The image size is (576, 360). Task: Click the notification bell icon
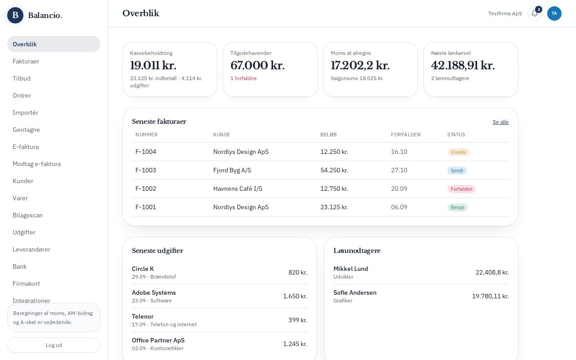click(x=534, y=13)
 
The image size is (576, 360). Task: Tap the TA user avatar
click(x=554, y=13)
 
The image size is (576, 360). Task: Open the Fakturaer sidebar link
click(x=26, y=61)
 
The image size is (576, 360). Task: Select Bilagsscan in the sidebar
click(x=27, y=215)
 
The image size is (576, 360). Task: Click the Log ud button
click(x=54, y=345)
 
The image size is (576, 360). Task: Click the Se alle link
click(x=501, y=122)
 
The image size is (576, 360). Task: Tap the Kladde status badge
click(x=459, y=152)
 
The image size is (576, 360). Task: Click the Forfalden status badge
click(x=461, y=189)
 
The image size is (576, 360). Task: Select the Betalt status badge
click(x=458, y=207)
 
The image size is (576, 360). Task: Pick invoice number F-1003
click(x=145, y=170)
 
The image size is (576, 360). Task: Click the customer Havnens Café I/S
click(x=238, y=189)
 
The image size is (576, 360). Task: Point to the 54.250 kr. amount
click(x=334, y=170)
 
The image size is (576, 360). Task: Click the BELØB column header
click(x=328, y=135)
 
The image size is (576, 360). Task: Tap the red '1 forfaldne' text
click(x=243, y=78)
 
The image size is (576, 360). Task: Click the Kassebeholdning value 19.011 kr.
click(x=153, y=65)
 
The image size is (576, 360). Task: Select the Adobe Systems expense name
click(x=154, y=292)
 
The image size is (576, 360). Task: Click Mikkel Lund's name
click(x=351, y=269)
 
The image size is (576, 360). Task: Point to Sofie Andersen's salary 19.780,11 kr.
click(x=490, y=296)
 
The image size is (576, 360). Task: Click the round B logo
click(x=15, y=15)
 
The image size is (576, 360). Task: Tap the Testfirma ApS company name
click(x=505, y=13)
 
